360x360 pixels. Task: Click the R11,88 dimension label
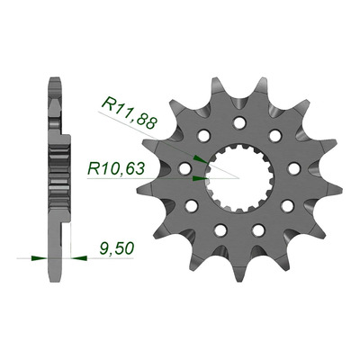(x=130, y=113)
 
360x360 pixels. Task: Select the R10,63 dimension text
(x=116, y=169)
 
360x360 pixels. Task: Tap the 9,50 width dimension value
(x=116, y=249)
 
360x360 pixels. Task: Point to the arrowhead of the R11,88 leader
(x=200, y=159)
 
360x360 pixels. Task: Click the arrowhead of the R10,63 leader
(x=200, y=178)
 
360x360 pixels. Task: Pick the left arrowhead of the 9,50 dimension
(x=40, y=257)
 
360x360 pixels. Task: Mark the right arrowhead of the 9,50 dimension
(x=79, y=257)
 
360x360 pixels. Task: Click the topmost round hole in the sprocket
(x=239, y=122)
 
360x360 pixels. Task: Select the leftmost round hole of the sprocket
(x=184, y=168)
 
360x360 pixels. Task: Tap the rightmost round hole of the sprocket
(x=294, y=168)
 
